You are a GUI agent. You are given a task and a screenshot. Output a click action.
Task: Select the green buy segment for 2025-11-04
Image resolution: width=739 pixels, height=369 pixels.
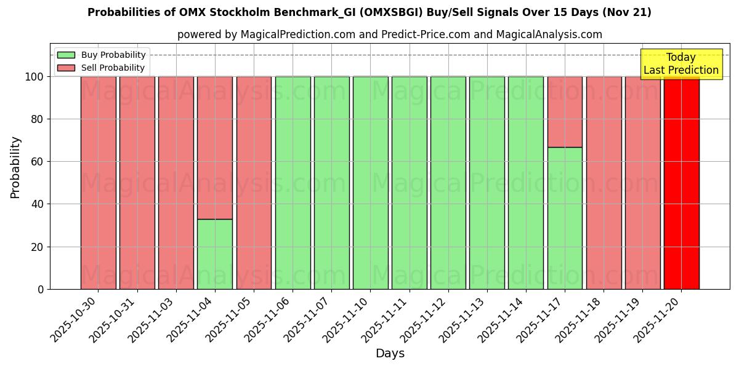click(x=215, y=254)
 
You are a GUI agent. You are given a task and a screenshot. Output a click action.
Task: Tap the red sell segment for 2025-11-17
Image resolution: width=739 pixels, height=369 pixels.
click(x=565, y=112)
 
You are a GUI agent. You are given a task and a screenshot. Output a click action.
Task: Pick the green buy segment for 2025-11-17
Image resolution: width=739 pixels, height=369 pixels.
click(x=565, y=218)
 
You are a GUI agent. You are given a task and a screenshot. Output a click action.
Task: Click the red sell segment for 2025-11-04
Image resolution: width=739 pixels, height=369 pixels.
click(x=215, y=148)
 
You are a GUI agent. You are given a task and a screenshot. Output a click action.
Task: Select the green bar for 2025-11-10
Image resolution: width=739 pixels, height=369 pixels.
click(x=370, y=183)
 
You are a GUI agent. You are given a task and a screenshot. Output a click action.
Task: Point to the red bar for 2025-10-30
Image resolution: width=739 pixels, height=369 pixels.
click(x=98, y=183)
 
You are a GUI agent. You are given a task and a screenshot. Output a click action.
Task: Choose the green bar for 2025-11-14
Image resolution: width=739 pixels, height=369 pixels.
click(x=526, y=183)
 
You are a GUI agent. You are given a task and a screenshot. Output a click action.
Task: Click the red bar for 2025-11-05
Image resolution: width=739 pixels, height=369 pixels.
click(x=254, y=183)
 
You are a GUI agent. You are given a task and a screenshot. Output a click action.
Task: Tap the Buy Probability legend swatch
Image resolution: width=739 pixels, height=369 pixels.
click(x=66, y=55)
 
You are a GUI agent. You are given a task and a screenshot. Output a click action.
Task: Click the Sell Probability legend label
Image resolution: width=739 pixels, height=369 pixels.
click(x=113, y=68)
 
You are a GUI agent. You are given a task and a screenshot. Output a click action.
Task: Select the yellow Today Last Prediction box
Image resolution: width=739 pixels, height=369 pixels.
click(x=680, y=64)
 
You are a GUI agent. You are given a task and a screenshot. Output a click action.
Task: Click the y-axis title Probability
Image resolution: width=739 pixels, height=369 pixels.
click(x=15, y=167)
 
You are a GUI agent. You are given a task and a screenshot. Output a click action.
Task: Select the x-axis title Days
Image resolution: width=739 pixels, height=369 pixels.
click(x=390, y=354)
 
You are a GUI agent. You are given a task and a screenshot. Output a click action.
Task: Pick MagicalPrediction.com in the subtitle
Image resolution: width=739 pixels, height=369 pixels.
click(x=298, y=35)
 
